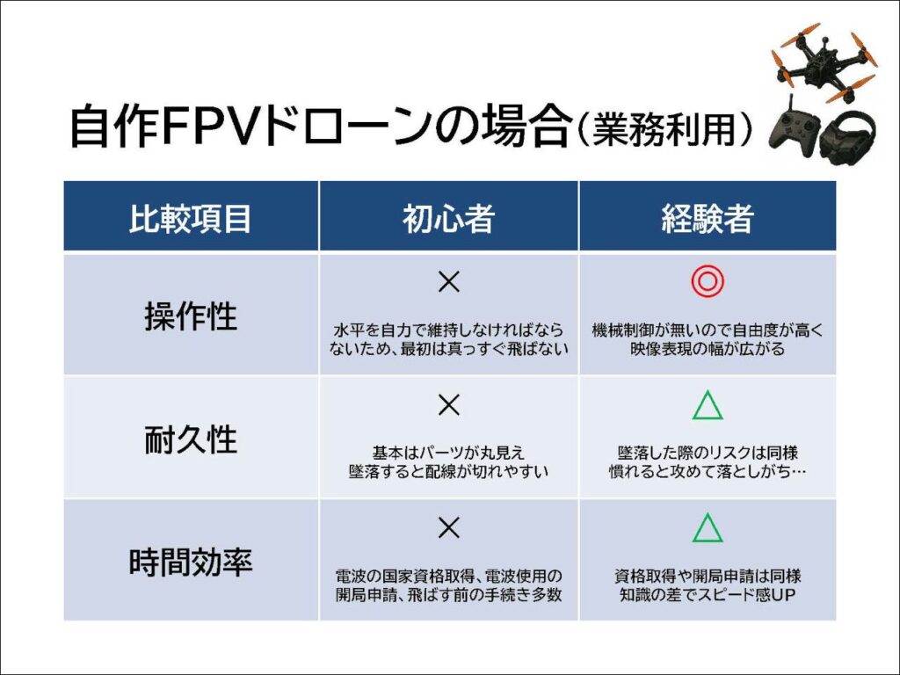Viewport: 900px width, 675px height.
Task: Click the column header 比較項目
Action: click(191, 217)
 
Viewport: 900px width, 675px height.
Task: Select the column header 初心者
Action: click(449, 217)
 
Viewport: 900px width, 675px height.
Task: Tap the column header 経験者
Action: click(708, 217)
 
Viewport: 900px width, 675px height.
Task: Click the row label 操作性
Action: click(191, 316)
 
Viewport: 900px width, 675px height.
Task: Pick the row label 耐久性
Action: click(191, 439)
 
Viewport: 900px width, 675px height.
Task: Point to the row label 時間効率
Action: click(191, 562)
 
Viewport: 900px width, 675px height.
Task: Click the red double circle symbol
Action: click(708, 282)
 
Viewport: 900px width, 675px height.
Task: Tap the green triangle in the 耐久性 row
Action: click(708, 405)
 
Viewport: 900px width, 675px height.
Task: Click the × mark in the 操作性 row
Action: click(449, 282)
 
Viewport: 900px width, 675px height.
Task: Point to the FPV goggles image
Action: click(847, 138)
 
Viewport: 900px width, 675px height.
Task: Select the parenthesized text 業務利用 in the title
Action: click(671, 129)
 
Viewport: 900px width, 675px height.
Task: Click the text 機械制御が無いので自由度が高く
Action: click(708, 330)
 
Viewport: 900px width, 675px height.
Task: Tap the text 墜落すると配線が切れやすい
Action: click(449, 472)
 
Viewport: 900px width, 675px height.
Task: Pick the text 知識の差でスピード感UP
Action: click(708, 595)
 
